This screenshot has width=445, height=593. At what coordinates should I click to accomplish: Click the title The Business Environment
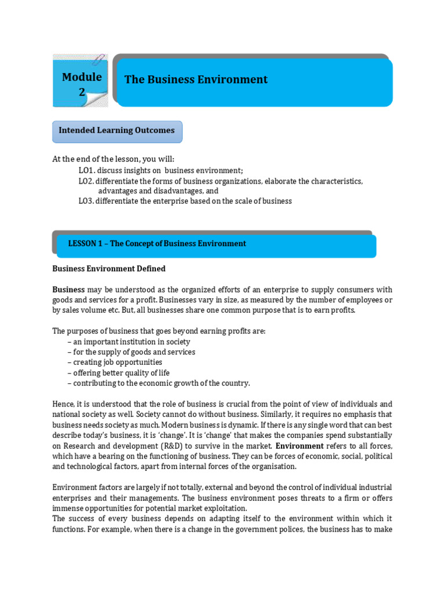coord(196,79)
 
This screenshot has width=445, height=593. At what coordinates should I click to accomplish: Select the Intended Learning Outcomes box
coord(117,131)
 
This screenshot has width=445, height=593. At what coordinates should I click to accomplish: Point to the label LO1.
coord(86,170)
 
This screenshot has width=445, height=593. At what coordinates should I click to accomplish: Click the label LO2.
coord(86,181)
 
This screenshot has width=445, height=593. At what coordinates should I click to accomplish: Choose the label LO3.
coord(86,201)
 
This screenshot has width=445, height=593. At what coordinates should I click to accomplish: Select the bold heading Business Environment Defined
coord(109,269)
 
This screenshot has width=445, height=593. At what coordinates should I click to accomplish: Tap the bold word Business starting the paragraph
coord(68,290)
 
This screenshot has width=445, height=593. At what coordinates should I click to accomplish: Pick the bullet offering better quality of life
coord(121,372)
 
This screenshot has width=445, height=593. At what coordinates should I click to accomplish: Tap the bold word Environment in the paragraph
coord(299,445)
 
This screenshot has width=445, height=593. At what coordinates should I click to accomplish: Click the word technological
coord(86,466)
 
